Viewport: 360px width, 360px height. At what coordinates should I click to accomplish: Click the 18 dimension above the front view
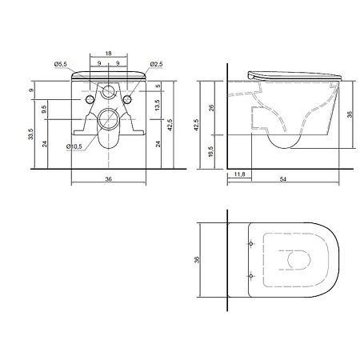coord(108,54)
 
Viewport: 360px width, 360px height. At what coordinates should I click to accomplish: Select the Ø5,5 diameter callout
coord(61,64)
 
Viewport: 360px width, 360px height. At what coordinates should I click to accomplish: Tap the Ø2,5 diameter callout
coord(156,64)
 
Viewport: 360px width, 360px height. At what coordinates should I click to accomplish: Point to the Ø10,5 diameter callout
coord(74,146)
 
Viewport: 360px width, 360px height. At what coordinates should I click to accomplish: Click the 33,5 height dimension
coord(31,134)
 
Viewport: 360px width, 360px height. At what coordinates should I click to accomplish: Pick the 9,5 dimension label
coord(45,110)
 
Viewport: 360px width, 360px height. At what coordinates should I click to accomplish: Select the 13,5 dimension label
coord(158,105)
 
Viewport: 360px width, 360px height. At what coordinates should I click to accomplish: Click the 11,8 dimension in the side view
coord(239,174)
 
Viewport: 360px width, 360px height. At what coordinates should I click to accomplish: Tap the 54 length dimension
coord(283,179)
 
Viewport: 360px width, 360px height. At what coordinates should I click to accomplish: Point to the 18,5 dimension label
coord(210,151)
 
